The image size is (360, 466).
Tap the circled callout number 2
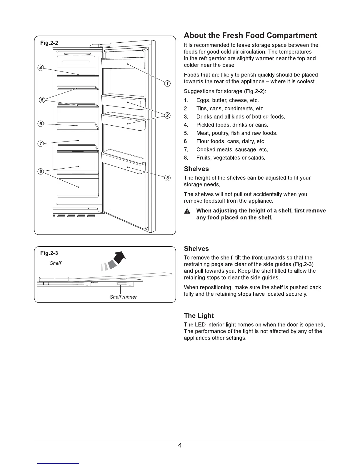[x=167, y=115]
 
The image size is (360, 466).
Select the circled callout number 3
[x=167, y=178]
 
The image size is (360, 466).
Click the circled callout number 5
[x=42, y=100]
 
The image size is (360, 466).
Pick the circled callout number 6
[x=41, y=124]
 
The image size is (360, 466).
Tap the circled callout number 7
[x=41, y=144]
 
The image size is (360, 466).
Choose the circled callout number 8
[x=41, y=171]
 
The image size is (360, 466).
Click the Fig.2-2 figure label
[x=49, y=43]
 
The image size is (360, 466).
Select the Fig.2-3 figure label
[x=49, y=253]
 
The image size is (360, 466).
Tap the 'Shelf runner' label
[x=123, y=297]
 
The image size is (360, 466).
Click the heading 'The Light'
[x=199, y=316]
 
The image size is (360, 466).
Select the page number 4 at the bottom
[x=180, y=445]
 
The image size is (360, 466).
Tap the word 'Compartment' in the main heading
[x=292, y=36]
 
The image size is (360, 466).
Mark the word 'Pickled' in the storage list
[x=206, y=125]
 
